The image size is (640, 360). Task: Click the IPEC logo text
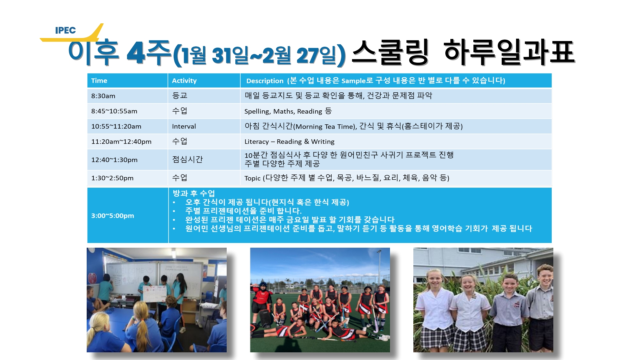(x=65, y=30)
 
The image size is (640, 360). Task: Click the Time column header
(x=99, y=81)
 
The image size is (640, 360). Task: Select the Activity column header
(x=184, y=81)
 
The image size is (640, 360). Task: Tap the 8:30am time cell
(x=103, y=96)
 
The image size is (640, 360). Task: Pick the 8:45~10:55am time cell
(x=114, y=111)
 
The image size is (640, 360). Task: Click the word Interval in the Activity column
(x=184, y=126)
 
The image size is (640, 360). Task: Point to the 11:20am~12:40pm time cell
(x=121, y=142)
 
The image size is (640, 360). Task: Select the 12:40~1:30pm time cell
(x=114, y=160)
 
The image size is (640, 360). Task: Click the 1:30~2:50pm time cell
(x=112, y=178)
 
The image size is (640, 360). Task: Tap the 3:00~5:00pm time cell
(x=113, y=216)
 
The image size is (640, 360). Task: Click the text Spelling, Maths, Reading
(x=283, y=111)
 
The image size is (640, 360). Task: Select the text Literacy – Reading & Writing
(x=289, y=142)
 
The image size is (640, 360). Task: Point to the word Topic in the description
(x=252, y=178)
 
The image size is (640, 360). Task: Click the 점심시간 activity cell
(x=187, y=159)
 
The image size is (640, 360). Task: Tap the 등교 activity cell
(x=180, y=96)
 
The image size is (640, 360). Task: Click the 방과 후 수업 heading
(x=194, y=193)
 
